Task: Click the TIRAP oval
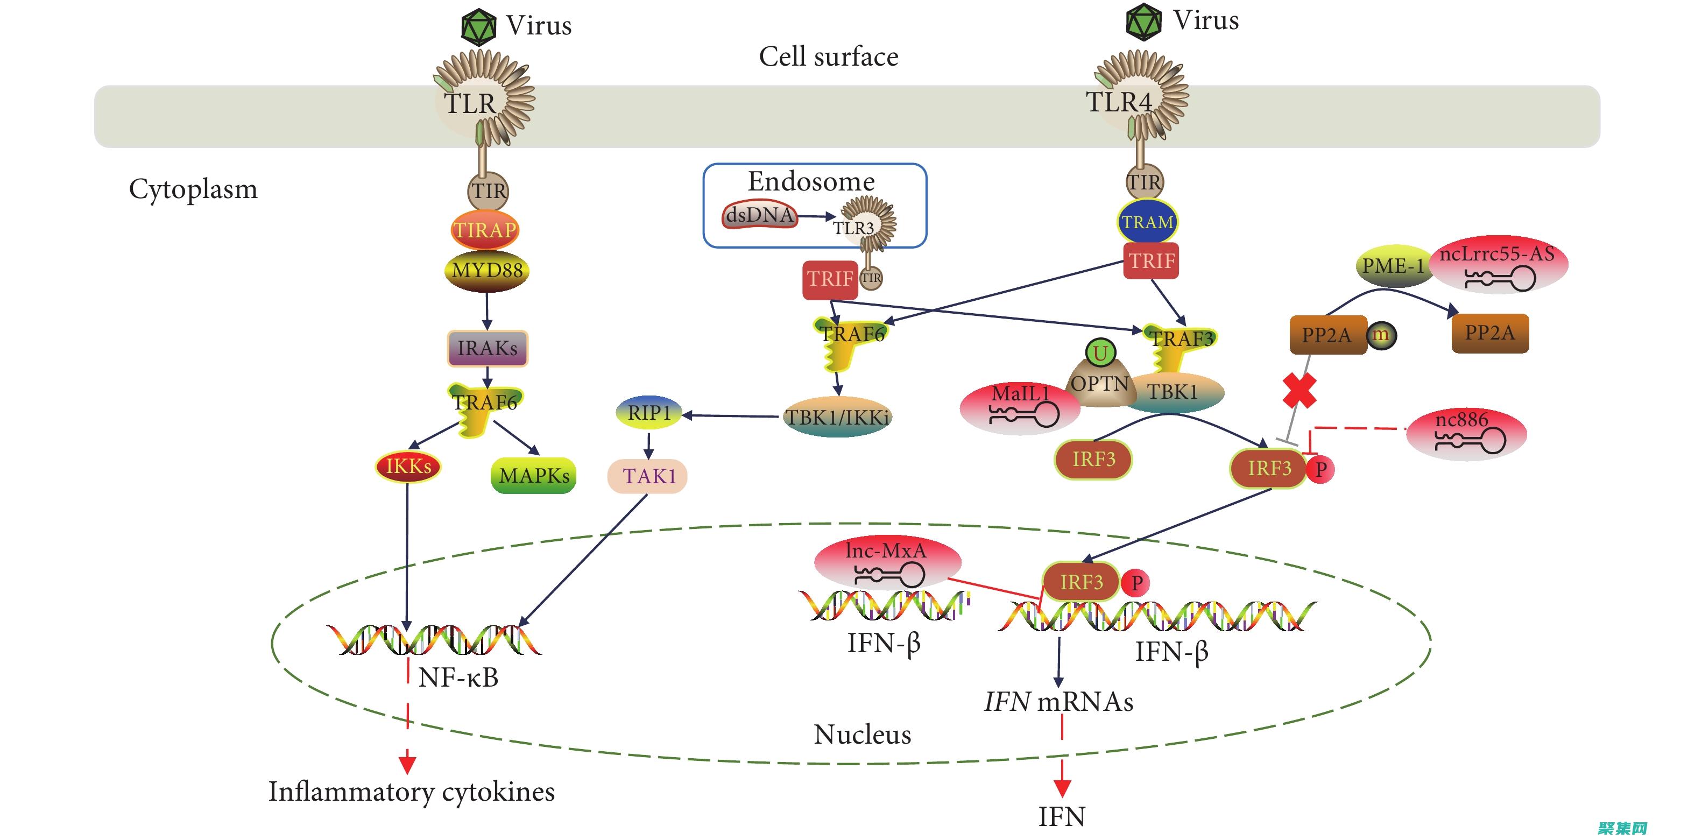pos(485,230)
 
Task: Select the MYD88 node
pos(487,270)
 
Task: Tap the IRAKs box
pos(488,348)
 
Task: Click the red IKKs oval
pos(408,467)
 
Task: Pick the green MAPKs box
pos(534,476)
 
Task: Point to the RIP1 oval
pos(649,412)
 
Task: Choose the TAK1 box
pos(648,476)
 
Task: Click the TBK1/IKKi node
pos(838,417)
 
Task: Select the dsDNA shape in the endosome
pos(760,215)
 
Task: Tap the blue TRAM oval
pos(1147,222)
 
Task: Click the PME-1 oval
pos(1393,266)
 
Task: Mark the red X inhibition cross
pos(1299,391)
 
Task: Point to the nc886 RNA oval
pos(1466,433)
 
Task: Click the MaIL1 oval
pos(1020,406)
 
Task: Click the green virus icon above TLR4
pos(1143,22)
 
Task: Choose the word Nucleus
pos(862,734)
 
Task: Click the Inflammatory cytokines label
pos(411,792)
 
